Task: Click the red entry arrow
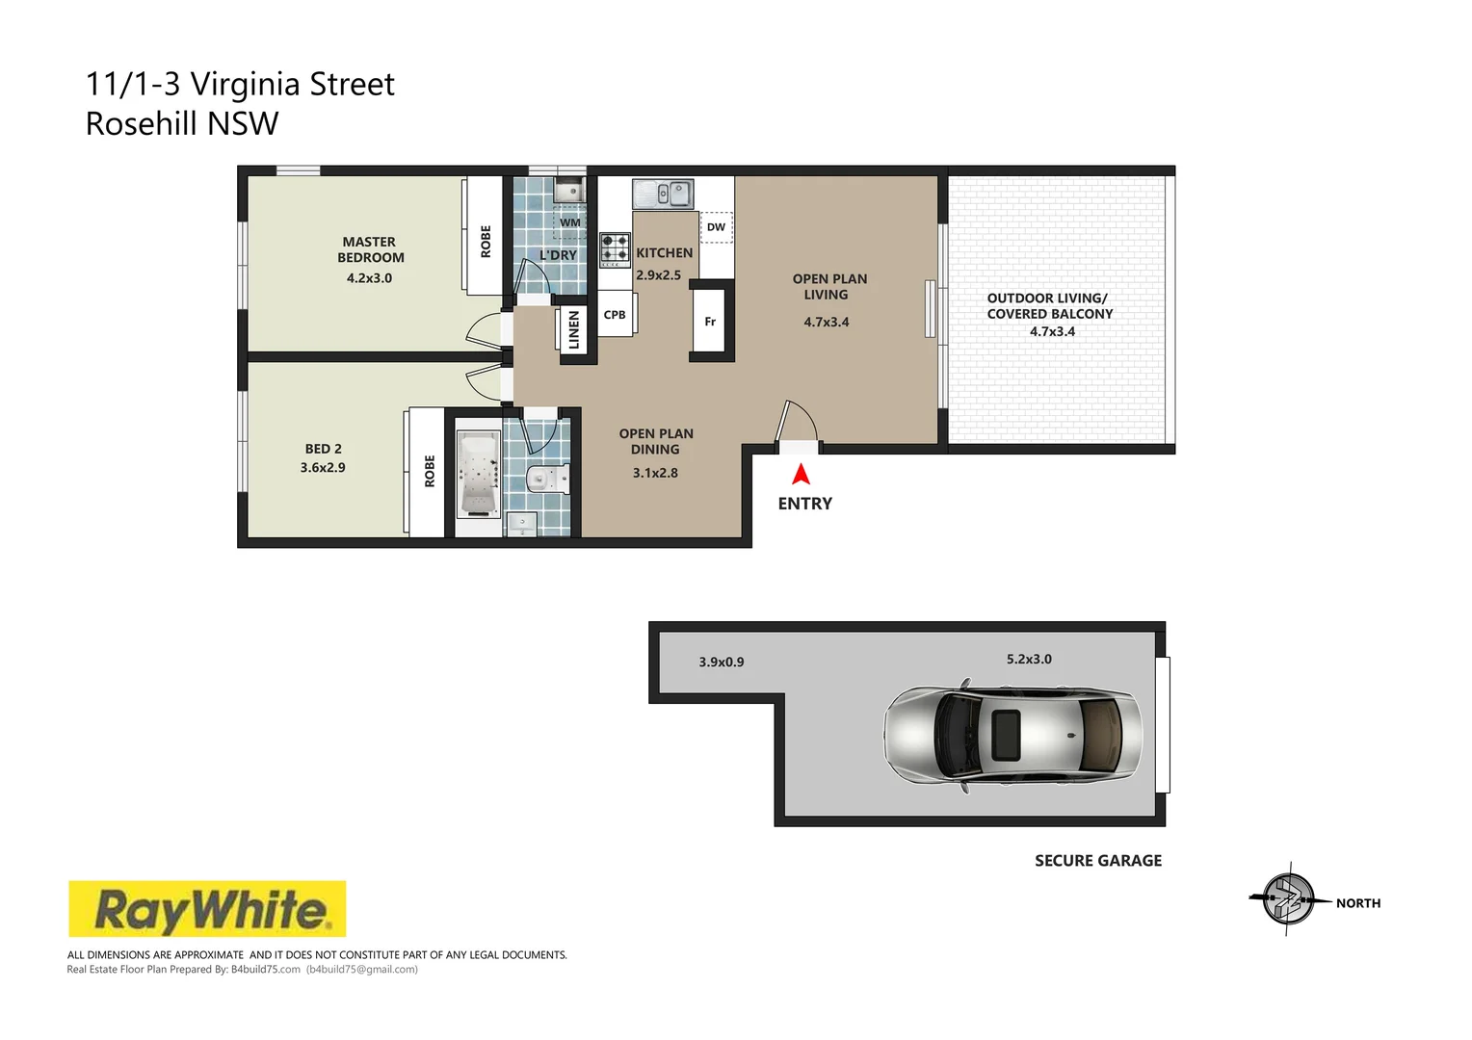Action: pyautogui.click(x=801, y=475)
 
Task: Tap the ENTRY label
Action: pyautogui.click(x=804, y=504)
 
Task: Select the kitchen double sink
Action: pyautogui.click(x=663, y=194)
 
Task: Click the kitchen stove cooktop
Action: pyautogui.click(x=615, y=249)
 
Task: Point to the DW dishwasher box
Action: pyautogui.click(x=716, y=227)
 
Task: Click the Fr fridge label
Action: pyautogui.click(x=710, y=322)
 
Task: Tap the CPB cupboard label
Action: pyautogui.click(x=615, y=315)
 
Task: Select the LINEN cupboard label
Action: pyautogui.click(x=574, y=330)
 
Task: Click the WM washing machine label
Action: pyautogui.click(x=570, y=222)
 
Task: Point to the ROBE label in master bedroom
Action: pyautogui.click(x=486, y=241)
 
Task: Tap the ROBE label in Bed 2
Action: pyautogui.click(x=430, y=471)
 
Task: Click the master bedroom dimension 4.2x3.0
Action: pyautogui.click(x=369, y=278)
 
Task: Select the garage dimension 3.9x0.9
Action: pyautogui.click(x=721, y=663)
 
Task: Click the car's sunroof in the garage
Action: pyautogui.click(x=1007, y=725)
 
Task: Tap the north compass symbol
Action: pyautogui.click(x=1288, y=900)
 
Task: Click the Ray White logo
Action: pyautogui.click(x=207, y=909)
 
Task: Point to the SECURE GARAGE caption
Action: pyautogui.click(x=1097, y=861)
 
